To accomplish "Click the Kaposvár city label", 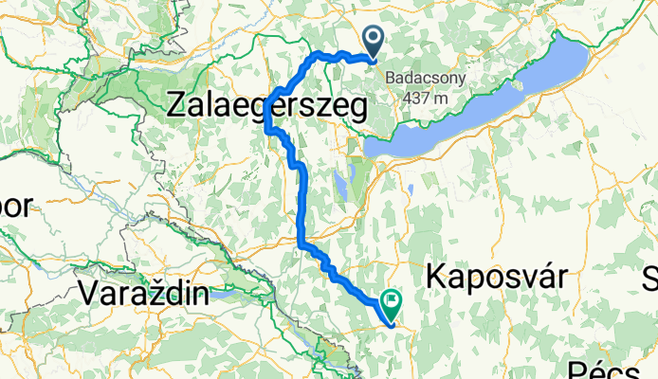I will pyautogui.click(x=497, y=276).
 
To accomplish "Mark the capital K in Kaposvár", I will pyautogui.click(x=438, y=276).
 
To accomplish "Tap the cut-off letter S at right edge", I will pyautogui.click(x=651, y=278).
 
